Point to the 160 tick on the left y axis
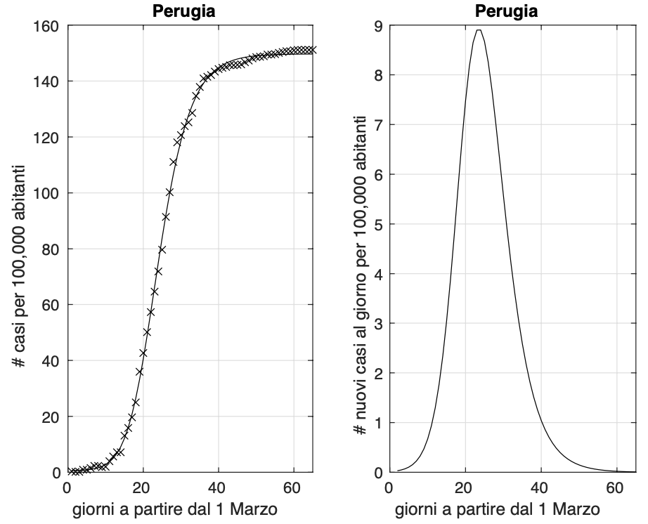tap(49, 26)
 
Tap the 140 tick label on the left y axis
tap(49, 81)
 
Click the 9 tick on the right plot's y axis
tap(377, 26)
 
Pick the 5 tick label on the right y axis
tap(377, 224)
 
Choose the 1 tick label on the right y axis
tap(377, 423)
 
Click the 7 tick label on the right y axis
tap(377, 125)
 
